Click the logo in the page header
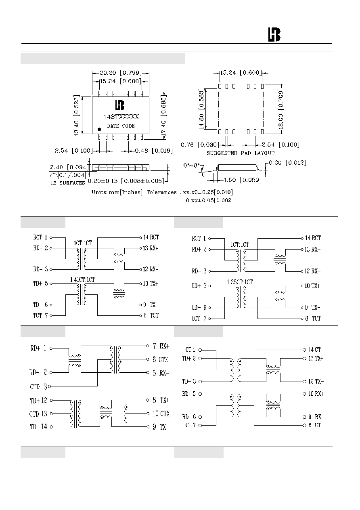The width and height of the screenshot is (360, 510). tap(274, 35)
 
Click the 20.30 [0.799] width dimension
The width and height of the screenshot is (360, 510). tap(121, 73)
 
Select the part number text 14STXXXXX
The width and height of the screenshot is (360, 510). tap(121, 117)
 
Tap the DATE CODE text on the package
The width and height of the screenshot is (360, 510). tap(121, 126)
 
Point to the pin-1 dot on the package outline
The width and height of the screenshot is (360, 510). tap(99, 129)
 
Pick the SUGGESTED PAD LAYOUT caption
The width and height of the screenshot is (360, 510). tap(241, 153)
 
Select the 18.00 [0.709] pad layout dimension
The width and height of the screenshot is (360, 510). tap(281, 110)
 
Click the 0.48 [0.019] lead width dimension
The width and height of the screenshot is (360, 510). tap(154, 151)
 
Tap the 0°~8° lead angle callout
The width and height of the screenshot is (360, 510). tap(192, 165)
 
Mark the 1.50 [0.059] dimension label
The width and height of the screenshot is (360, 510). tap(243, 180)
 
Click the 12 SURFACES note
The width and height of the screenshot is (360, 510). tap(67, 183)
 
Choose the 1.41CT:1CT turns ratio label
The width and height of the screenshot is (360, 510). tap(82, 279)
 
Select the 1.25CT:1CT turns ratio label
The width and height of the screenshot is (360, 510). tap(240, 282)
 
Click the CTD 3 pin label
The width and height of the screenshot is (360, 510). tap(38, 386)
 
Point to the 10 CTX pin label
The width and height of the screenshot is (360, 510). tap(161, 413)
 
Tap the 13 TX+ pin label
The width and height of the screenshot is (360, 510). tap(316, 358)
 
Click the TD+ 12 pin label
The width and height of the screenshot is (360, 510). tap(38, 401)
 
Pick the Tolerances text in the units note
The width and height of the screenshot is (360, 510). tap(161, 192)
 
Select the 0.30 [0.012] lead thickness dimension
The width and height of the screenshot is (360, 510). tap(288, 163)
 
